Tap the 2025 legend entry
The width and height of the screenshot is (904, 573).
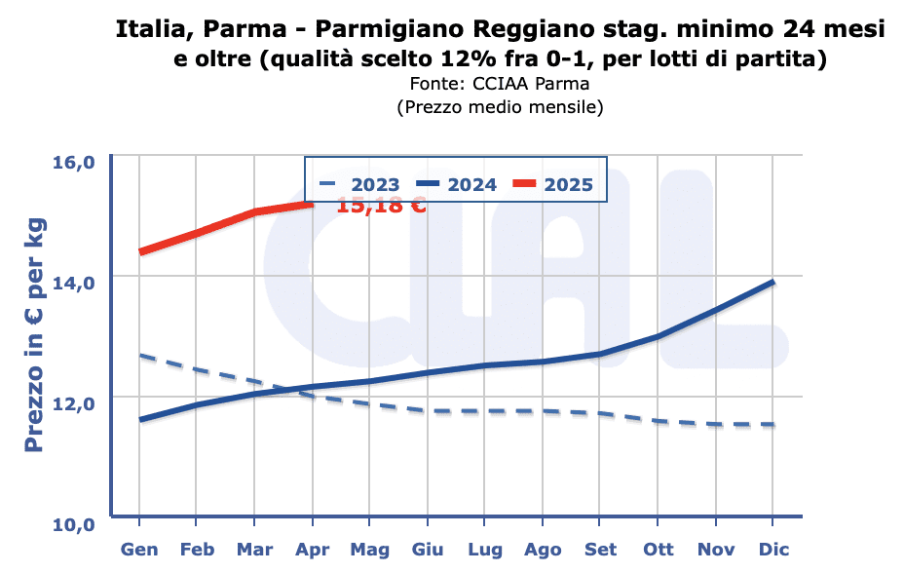(552, 184)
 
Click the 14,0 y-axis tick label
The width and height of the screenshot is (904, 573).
(73, 283)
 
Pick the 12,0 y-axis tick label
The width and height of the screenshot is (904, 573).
(73, 402)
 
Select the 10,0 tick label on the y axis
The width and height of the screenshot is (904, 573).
(73, 524)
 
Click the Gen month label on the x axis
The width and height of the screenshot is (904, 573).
(139, 550)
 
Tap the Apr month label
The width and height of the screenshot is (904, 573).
(313, 550)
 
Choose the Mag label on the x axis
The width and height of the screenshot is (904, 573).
(369, 550)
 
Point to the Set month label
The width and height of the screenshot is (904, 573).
(600, 550)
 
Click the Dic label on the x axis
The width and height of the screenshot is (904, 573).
(772, 550)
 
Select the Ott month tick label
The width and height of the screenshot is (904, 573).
(658, 550)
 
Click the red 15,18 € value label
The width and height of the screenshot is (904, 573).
(381, 205)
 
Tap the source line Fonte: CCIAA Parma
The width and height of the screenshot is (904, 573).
(500, 84)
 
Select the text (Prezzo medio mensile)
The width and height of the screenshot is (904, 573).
(500, 107)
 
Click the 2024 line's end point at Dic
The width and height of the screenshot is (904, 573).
(772, 282)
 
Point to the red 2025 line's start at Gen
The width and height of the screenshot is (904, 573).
(141, 252)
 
